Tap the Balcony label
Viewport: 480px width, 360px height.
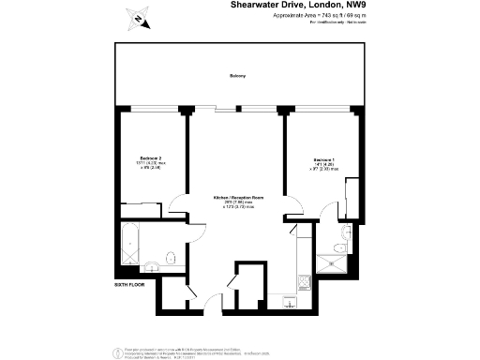pos(237,76)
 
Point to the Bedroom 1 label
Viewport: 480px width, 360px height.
pos(323,160)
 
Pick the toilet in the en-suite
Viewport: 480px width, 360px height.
pos(345,233)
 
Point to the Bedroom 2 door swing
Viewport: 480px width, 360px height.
pos(178,207)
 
